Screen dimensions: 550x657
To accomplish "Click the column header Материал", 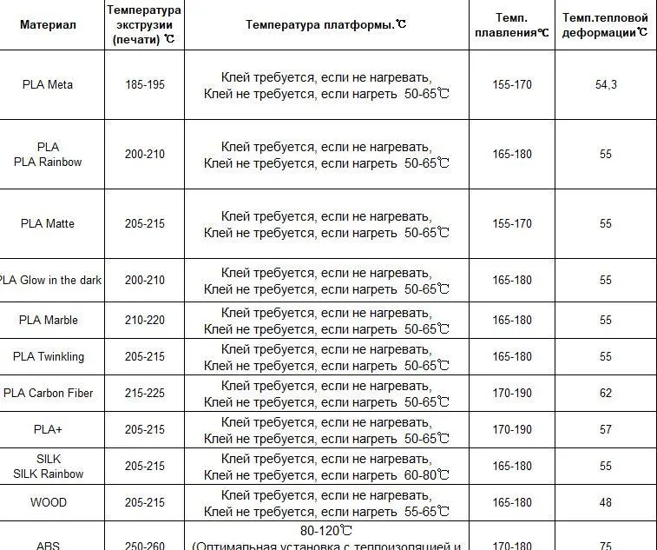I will pyautogui.click(x=48, y=24).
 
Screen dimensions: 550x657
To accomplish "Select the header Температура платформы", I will pyautogui.click(x=325, y=24).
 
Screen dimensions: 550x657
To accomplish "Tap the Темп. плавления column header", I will pyautogui.click(x=511, y=24).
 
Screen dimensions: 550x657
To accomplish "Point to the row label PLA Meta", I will pyautogui.click(x=48, y=85).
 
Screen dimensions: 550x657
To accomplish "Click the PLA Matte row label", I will pyautogui.click(x=48, y=223).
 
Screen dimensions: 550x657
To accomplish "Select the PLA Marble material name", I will pyautogui.click(x=48, y=320).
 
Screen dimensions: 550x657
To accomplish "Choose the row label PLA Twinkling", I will pyautogui.click(x=48, y=356).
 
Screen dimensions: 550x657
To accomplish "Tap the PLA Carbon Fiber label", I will pyautogui.click(x=48, y=393).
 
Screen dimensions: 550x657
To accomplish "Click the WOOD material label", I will pyautogui.click(x=48, y=502).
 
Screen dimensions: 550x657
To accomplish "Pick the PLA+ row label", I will pyautogui.click(x=48, y=429).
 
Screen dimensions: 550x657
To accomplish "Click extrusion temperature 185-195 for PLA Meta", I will pyautogui.click(x=144, y=85).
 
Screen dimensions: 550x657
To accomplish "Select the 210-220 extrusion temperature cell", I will pyautogui.click(x=144, y=320).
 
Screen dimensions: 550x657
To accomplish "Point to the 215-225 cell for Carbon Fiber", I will pyautogui.click(x=144, y=393).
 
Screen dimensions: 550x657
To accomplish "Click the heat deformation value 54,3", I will pyautogui.click(x=605, y=85).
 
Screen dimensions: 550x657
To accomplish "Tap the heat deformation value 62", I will pyautogui.click(x=605, y=393).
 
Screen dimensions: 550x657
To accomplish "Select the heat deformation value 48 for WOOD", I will pyautogui.click(x=605, y=502).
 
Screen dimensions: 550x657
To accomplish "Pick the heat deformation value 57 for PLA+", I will pyautogui.click(x=605, y=429).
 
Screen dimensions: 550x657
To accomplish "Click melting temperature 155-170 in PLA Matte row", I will pyautogui.click(x=511, y=223).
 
